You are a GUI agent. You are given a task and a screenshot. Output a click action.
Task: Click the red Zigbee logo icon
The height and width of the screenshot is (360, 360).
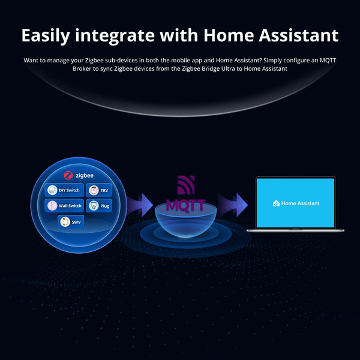[68, 175]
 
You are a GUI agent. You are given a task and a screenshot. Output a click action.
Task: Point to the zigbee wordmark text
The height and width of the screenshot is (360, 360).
[85, 175]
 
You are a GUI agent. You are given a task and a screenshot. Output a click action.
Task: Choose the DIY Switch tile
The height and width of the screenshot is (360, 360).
[64, 190]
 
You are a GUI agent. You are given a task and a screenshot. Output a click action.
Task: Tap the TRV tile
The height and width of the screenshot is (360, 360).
[100, 190]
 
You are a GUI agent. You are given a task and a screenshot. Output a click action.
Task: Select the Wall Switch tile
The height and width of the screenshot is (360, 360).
[64, 206]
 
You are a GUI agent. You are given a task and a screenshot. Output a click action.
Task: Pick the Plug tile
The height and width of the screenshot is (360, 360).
[100, 206]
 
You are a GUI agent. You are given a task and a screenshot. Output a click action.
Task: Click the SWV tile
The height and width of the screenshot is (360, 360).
[71, 222]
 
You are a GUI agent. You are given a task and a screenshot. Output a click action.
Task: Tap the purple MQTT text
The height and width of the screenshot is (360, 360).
[185, 205]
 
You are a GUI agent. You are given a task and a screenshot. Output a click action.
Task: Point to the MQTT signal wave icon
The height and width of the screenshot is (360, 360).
[186, 185]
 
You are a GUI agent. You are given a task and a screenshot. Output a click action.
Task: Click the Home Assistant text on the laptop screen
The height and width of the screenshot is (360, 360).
[300, 203]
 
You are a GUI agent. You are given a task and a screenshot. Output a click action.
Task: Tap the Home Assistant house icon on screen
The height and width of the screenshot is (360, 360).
[276, 203]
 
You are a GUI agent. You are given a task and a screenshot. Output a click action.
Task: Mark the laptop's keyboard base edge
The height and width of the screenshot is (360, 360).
[295, 230]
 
